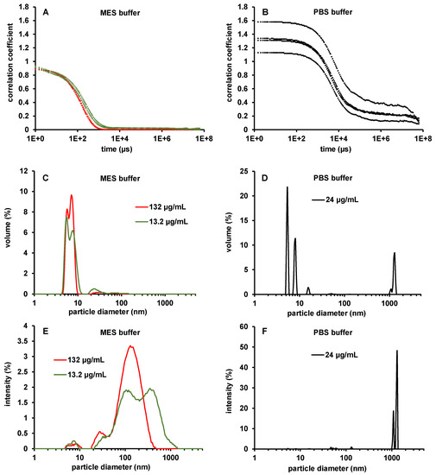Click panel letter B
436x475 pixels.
click(259, 14)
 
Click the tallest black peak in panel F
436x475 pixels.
click(397, 351)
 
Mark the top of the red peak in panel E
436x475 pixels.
click(130, 346)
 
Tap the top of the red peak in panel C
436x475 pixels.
click(72, 195)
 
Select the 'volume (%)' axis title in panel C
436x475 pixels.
click(8, 232)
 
